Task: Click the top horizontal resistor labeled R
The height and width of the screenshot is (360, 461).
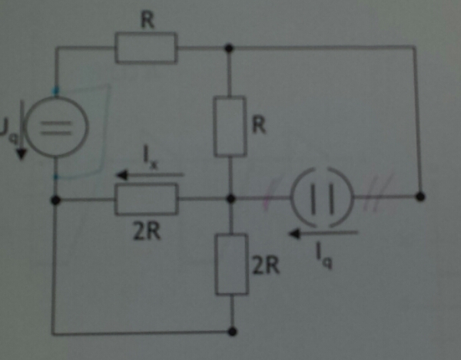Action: pyautogui.click(x=146, y=48)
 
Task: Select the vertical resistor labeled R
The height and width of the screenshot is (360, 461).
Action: pyautogui.click(x=230, y=126)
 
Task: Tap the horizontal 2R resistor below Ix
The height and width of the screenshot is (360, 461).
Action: pyautogui.click(x=146, y=200)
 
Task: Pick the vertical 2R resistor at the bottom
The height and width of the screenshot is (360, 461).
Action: pyautogui.click(x=232, y=264)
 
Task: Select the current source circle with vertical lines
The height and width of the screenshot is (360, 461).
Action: pyautogui.click(x=322, y=197)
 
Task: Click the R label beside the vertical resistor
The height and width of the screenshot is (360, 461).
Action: pyautogui.click(x=259, y=125)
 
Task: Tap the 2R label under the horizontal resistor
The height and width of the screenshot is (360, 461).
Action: pyautogui.click(x=147, y=231)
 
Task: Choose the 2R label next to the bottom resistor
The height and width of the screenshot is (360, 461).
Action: pyautogui.click(x=266, y=266)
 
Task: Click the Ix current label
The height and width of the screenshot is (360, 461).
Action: pyautogui.click(x=151, y=157)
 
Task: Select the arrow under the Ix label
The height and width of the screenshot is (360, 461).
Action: pyautogui.click(x=150, y=175)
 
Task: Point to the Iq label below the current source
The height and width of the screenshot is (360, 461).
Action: pyautogui.click(x=324, y=256)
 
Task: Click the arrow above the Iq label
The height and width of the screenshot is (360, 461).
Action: pyautogui.click(x=323, y=233)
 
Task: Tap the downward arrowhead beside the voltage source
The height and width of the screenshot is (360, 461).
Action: pyautogui.click(x=22, y=154)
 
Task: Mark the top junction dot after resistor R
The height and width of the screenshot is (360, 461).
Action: pyautogui.click(x=229, y=48)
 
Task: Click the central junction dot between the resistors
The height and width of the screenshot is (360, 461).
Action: pyautogui.click(x=231, y=199)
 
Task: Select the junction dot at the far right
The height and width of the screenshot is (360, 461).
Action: pyautogui.click(x=420, y=197)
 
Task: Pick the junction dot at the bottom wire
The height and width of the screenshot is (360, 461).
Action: pyautogui.click(x=232, y=332)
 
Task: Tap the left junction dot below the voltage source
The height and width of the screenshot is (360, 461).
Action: pyautogui.click(x=55, y=200)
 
